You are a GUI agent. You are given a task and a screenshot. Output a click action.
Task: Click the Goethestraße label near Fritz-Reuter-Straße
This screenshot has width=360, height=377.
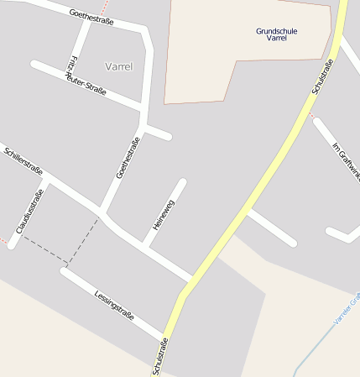91,16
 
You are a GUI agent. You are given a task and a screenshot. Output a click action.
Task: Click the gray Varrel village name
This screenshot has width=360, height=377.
119,66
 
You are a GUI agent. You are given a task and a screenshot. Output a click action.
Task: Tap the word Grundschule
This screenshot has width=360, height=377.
276,31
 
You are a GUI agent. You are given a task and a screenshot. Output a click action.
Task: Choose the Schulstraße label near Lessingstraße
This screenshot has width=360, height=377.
160,356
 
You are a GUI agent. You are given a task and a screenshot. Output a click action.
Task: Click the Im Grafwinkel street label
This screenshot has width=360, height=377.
347,162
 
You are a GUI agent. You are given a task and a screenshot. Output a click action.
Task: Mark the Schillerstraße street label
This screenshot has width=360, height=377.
23,162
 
